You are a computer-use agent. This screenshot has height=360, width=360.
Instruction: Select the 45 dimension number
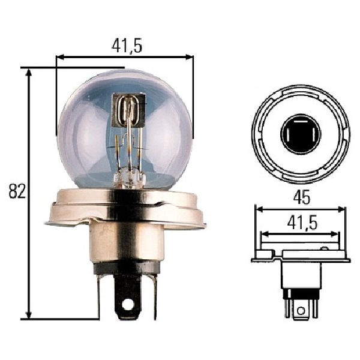click(x=301, y=197)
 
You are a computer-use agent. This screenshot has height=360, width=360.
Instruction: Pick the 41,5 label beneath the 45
click(x=302, y=223)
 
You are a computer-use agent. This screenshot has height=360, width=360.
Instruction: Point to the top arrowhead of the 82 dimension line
click(x=29, y=72)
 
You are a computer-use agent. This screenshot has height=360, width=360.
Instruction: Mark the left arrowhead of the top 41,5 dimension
click(x=60, y=58)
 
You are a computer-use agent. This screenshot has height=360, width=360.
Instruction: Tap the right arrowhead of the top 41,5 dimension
click(x=189, y=58)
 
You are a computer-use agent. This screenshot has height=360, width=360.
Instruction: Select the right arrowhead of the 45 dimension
click(x=341, y=209)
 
